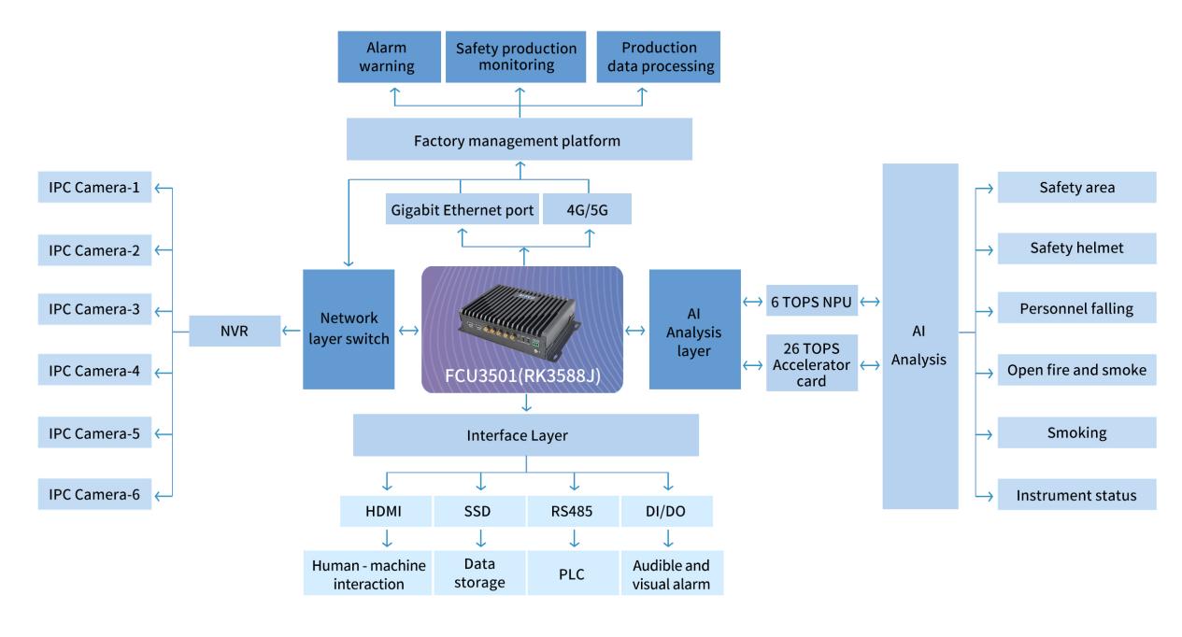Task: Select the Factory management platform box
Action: [519, 141]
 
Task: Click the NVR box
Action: [234, 331]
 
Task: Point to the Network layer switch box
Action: [347, 330]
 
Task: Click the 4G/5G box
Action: [587, 210]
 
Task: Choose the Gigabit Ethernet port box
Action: [461, 210]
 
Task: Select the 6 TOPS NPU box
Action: [812, 301]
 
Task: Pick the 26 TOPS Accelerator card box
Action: [812, 362]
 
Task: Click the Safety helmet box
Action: [1076, 248]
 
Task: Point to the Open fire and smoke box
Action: [1076, 370]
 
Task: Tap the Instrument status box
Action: [1076, 494]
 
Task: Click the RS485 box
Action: [573, 512]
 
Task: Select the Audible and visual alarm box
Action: [672, 573]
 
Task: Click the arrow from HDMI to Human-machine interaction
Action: [386, 539]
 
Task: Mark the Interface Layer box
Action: [526, 435]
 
